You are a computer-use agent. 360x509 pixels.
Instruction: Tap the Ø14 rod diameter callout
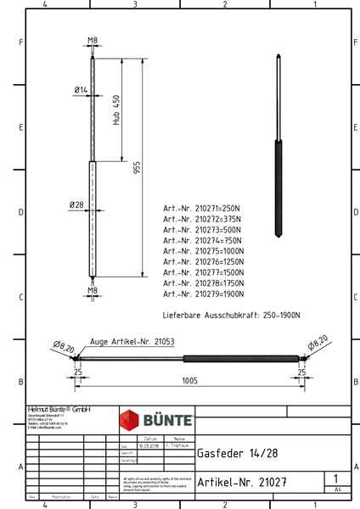click(x=81, y=89)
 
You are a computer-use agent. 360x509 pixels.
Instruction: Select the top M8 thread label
click(x=92, y=40)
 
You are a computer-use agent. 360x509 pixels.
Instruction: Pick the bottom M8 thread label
click(x=92, y=290)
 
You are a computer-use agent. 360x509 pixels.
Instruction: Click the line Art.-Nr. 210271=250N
click(x=203, y=207)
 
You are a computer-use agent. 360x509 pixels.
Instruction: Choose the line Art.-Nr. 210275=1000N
click(x=204, y=250)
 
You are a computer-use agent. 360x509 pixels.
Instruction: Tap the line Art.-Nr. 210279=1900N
click(x=204, y=294)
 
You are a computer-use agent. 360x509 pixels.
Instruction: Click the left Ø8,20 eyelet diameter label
click(x=64, y=345)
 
